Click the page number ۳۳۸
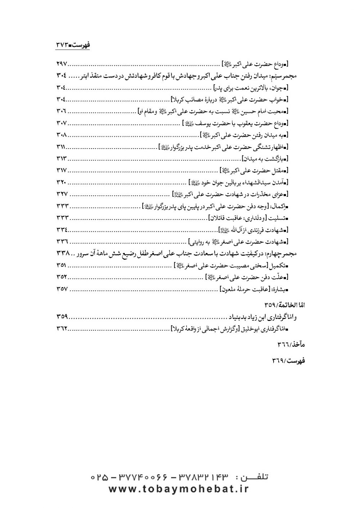click(64, 254)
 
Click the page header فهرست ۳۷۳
click(73, 45)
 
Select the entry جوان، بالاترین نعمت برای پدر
click(252, 87)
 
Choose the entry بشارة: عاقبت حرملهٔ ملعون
click(256, 289)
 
